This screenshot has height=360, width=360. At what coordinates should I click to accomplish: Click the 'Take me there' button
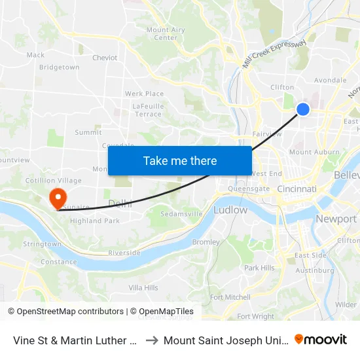pyautogui.click(x=180, y=160)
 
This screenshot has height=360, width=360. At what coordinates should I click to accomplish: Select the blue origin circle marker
pyautogui.click(x=303, y=109)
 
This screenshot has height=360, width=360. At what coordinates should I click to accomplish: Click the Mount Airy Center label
pyautogui.click(x=166, y=33)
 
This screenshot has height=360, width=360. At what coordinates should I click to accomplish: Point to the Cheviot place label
pyautogui.click(x=105, y=58)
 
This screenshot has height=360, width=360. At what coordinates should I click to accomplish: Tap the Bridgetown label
pyautogui.click(x=59, y=67)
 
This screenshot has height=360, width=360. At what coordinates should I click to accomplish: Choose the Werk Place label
pyautogui.click(x=144, y=94)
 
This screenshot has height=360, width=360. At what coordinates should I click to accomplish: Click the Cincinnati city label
pyautogui.click(x=297, y=189)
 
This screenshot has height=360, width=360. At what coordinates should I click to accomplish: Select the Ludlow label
pyautogui.click(x=230, y=210)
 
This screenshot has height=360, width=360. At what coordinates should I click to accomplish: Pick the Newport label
pyautogui.click(x=336, y=219)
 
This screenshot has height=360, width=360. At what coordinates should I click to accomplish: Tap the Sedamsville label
pyautogui.click(x=181, y=214)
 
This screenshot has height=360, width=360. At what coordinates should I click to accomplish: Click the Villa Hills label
pyautogui.click(x=143, y=287)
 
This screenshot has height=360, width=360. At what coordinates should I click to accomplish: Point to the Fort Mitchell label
pyautogui.click(x=230, y=297)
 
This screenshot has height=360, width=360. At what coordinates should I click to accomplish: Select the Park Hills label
pyautogui.click(x=259, y=268)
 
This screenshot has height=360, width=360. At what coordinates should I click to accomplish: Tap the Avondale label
pyautogui.click(x=330, y=81)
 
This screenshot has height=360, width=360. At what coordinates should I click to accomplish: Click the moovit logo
pyautogui.click(x=321, y=340)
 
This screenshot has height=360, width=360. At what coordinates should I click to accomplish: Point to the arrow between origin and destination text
pyautogui.click(x=150, y=340)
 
